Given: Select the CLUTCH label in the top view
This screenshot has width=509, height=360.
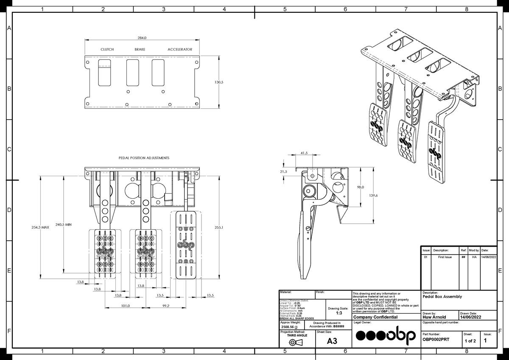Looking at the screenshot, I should pos(107,49).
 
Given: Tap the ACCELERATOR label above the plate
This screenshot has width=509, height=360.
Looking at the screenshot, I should pos(180,49).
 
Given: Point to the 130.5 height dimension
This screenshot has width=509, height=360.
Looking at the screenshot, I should pos(219,82).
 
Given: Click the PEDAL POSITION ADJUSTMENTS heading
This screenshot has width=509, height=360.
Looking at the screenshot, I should pos(144,157).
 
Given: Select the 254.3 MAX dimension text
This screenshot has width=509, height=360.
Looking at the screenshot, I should pos(40,228).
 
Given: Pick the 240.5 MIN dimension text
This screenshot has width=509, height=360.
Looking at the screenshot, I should pos(63,225).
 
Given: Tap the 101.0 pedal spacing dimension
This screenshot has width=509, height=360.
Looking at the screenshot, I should pos(126,306).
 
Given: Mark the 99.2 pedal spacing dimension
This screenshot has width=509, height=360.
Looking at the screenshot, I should pos(165,306).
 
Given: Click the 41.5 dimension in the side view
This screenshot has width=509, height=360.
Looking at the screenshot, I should pos(304,153).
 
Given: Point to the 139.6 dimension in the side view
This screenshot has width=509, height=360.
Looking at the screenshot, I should pos(374,195).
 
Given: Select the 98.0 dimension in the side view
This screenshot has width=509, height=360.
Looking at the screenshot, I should pos(361,187).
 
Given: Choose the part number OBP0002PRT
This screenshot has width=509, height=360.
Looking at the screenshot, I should pos(436,340).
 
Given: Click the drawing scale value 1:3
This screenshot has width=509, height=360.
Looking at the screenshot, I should pos(339,313).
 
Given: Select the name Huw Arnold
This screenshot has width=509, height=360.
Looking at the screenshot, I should pos(434,317).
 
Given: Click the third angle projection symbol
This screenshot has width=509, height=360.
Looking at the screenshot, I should pos(297,342).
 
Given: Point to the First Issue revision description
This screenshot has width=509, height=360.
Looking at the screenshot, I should pos(442,257).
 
